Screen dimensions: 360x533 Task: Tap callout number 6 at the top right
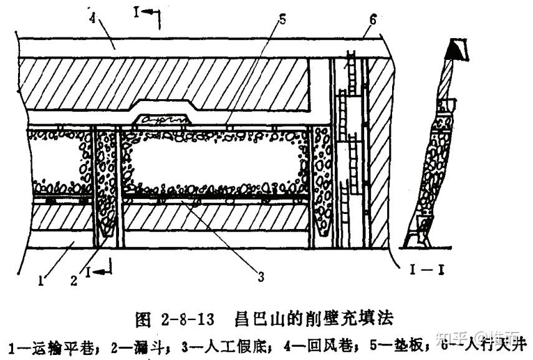point(372,19)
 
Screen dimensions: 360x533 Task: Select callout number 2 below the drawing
point(74,281)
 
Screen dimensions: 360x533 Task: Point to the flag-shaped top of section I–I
point(457,47)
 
